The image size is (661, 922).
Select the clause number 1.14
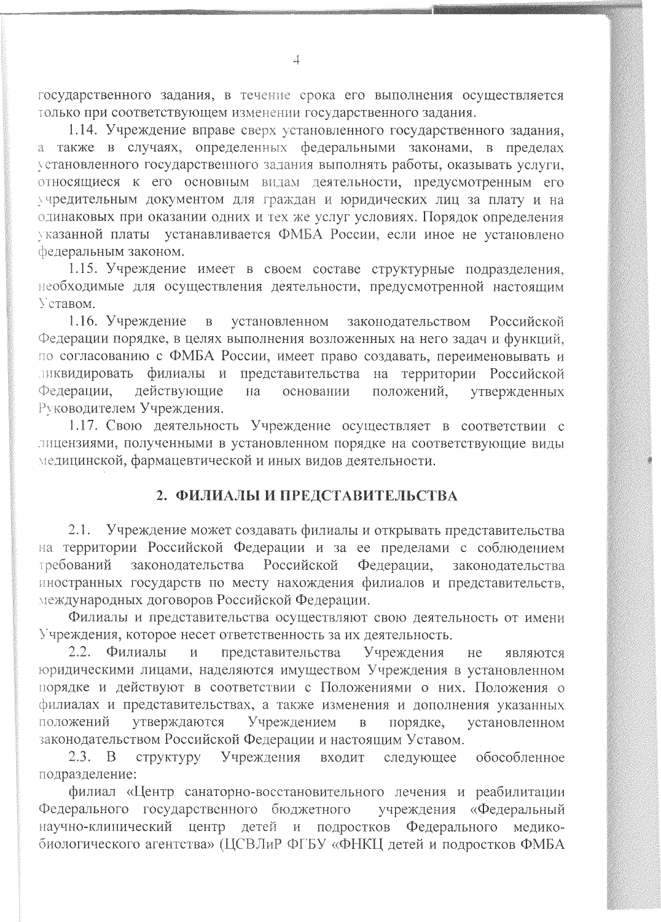click(81, 130)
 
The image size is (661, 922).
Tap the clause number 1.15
click(81, 269)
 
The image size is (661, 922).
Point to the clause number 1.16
click(81, 321)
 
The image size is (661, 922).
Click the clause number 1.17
click(81, 426)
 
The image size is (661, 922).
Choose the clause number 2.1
click(80, 530)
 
